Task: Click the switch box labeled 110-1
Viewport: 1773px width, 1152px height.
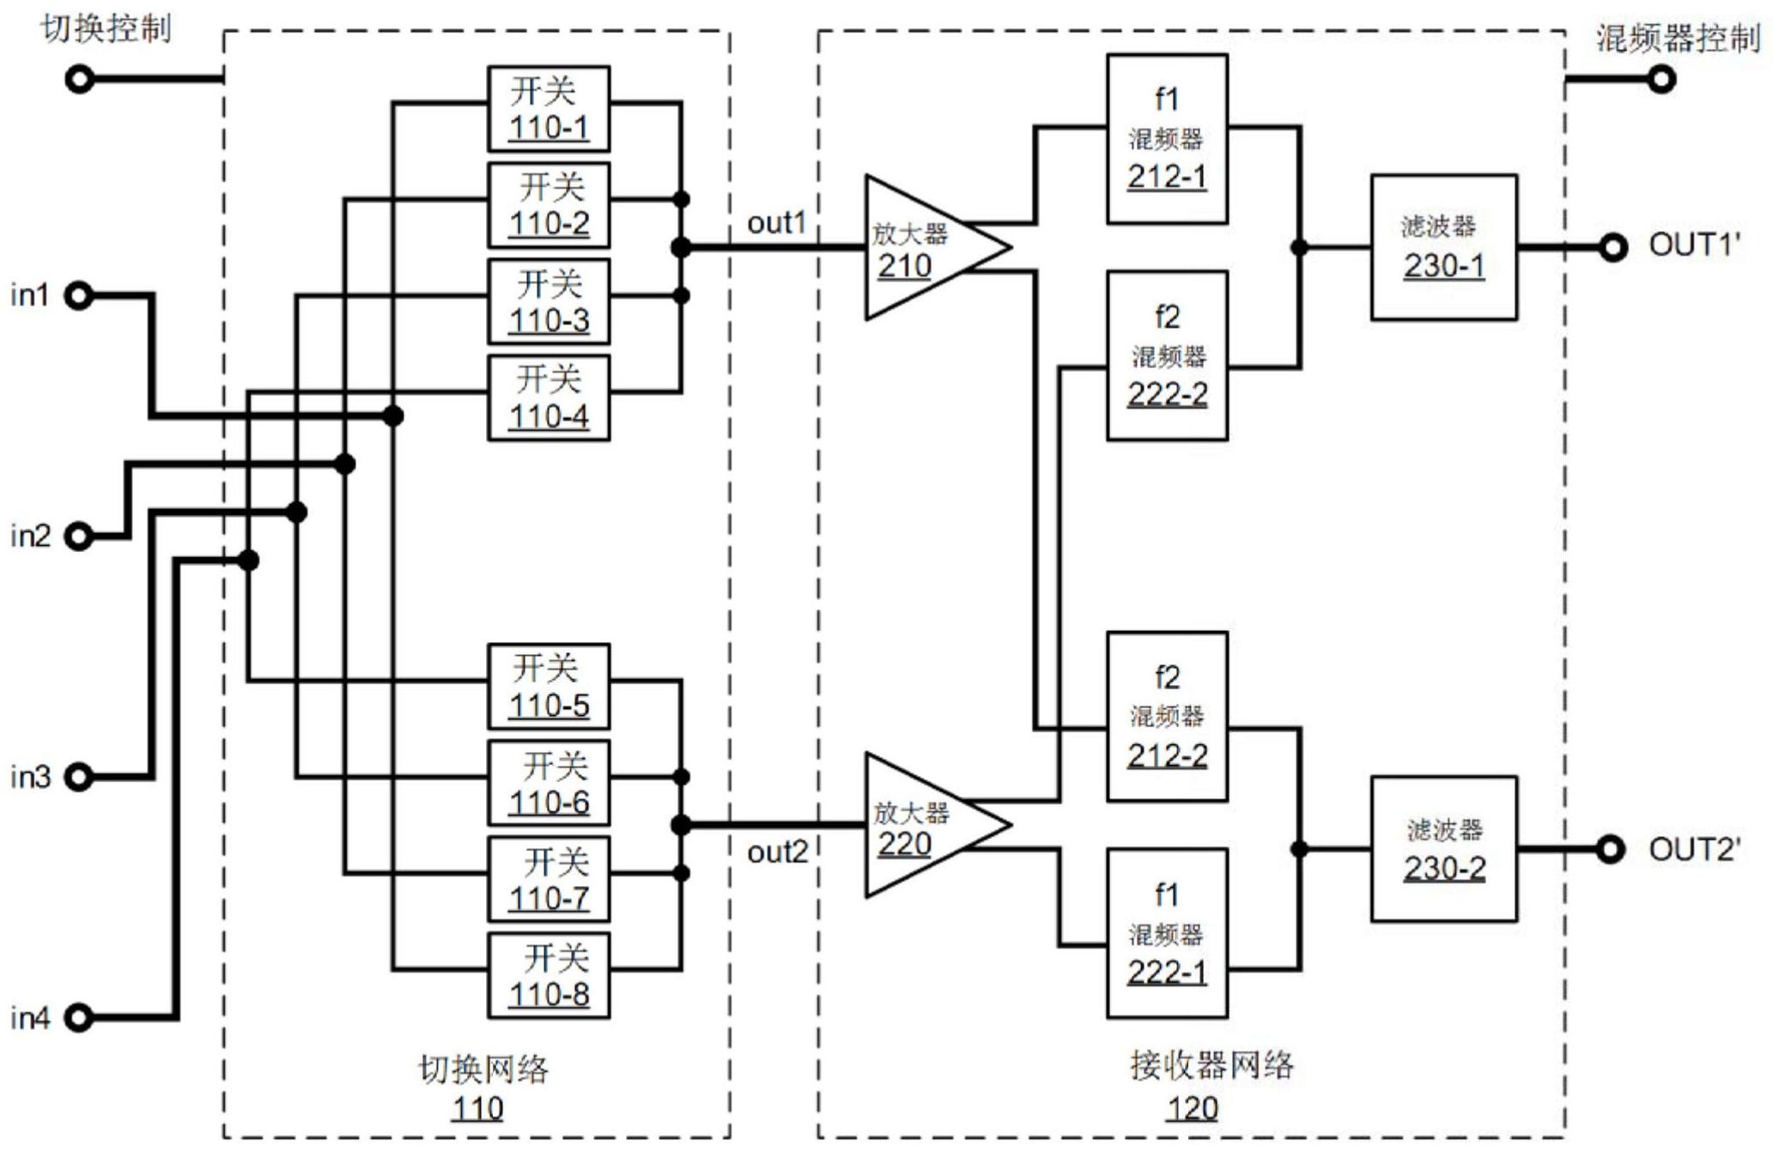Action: pyautogui.click(x=549, y=109)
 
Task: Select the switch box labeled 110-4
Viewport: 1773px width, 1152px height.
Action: pyautogui.click(x=549, y=397)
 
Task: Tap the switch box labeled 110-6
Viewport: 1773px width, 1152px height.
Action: pyautogui.click(x=549, y=783)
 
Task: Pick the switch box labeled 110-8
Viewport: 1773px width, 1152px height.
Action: pyautogui.click(x=549, y=976)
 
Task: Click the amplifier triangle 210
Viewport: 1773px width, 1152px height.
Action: pyautogui.click(x=923, y=247)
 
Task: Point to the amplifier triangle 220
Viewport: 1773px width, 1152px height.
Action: pyautogui.click(x=923, y=825)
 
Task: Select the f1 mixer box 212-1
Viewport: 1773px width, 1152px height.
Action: pyautogui.click(x=1167, y=139)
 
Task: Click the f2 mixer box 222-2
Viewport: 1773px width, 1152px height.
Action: pyautogui.click(x=1167, y=356)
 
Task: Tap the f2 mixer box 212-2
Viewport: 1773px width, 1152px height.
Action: pyautogui.click(x=1167, y=717)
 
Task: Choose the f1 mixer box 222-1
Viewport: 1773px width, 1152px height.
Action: pyautogui.click(x=1167, y=934)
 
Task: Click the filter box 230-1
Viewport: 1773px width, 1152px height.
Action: pyautogui.click(x=1443, y=247)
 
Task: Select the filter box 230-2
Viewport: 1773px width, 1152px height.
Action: pyautogui.click(x=1443, y=849)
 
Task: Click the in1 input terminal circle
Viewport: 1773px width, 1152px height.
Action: pyautogui.click(x=79, y=296)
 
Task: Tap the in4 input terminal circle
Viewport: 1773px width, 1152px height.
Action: pyautogui.click(x=79, y=1018)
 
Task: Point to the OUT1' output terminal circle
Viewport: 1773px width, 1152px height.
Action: pyautogui.click(x=1612, y=247)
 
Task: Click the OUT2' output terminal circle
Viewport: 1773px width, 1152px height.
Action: pyautogui.click(x=1611, y=850)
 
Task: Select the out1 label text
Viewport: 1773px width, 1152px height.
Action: pyautogui.click(x=777, y=223)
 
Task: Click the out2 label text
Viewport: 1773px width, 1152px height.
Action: pyautogui.click(x=777, y=852)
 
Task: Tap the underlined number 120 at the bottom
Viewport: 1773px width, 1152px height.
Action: pyautogui.click(x=1192, y=1108)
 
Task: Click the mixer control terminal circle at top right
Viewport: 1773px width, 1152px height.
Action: pyautogui.click(x=1662, y=80)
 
